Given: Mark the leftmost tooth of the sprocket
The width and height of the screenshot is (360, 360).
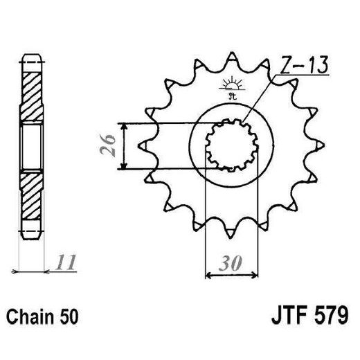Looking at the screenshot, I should (x=143, y=146).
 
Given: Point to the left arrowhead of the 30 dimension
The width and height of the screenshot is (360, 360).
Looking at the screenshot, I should (x=210, y=276).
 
